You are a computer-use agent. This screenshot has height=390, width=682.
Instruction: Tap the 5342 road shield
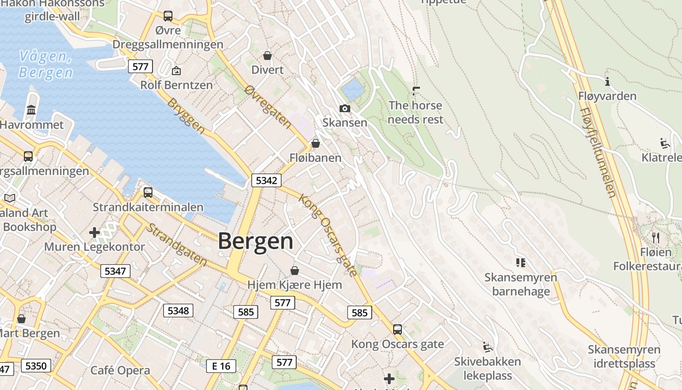266,180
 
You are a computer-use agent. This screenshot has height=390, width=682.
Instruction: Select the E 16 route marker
221,366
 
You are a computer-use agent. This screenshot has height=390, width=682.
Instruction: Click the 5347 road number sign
115,271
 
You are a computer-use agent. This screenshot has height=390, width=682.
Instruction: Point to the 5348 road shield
178,310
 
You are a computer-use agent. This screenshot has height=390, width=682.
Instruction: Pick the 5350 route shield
36,366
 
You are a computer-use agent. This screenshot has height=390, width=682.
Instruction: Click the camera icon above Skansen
345,108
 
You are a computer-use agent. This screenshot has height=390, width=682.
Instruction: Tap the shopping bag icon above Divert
267,56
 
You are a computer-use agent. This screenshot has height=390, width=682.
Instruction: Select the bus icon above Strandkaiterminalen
148,193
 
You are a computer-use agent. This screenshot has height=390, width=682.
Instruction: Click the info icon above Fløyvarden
607,81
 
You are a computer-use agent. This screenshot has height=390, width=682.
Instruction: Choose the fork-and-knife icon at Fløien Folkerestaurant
656,238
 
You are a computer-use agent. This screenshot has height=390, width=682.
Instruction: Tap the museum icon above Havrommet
32,110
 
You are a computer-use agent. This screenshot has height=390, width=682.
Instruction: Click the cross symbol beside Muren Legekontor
95,233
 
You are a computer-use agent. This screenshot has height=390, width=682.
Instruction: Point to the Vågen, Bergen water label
45,64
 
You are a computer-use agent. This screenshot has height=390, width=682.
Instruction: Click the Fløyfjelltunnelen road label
598,152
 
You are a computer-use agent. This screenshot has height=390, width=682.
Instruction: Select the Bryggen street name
186,116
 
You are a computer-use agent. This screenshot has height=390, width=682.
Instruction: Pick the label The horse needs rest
416,112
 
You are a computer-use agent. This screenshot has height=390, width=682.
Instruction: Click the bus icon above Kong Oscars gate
398,330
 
